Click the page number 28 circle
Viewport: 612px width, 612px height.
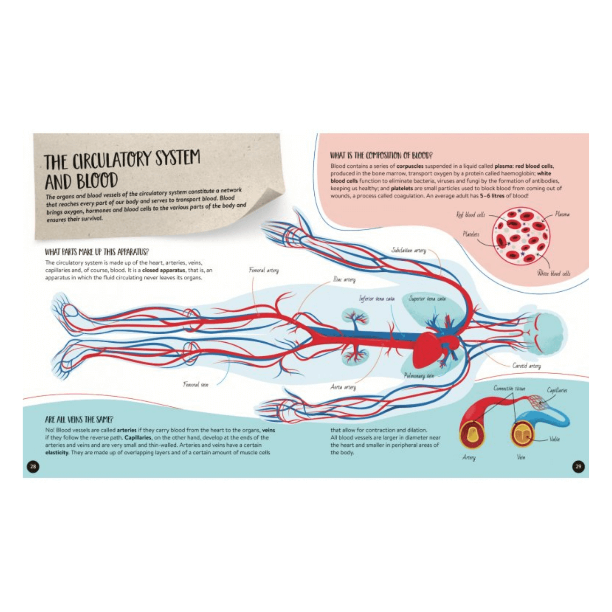click(x=33, y=466)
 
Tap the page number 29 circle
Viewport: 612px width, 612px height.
click(x=579, y=466)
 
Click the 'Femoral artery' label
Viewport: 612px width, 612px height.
click(x=264, y=270)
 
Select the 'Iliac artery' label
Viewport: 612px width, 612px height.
click(x=344, y=280)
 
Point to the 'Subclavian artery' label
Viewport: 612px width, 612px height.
click(x=409, y=250)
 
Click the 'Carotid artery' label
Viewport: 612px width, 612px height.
click(x=527, y=366)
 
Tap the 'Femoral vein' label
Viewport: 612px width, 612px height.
click(x=196, y=384)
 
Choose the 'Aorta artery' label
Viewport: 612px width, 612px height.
click(x=343, y=387)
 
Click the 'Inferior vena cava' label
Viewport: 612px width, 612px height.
click(x=377, y=299)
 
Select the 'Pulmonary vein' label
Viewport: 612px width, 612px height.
click(x=419, y=376)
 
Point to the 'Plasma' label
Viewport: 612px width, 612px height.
click(x=562, y=214)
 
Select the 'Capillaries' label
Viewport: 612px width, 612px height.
click(x=557, y=390)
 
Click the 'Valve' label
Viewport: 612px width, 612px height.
click(x=555, y=439)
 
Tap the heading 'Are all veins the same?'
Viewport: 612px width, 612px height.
click(x=79, y=419)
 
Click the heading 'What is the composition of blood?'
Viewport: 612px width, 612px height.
click(x=381, y=156)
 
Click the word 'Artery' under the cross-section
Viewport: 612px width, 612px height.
click(x=469, y=457)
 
